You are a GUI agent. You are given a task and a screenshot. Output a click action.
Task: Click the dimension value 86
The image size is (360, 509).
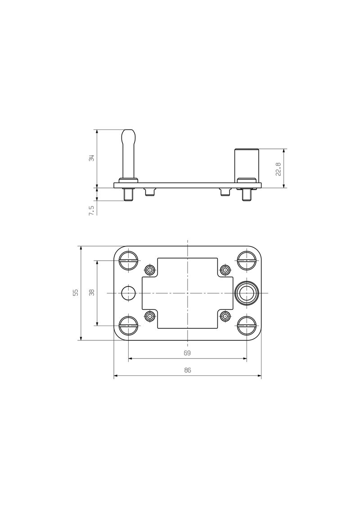tap(188, 370)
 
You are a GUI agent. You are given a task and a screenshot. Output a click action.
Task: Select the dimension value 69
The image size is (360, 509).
tap(188, 353)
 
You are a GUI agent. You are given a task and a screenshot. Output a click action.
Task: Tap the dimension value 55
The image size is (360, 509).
tap(76, 293)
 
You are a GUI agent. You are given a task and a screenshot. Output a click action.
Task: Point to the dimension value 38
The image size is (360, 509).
tap(92, 293)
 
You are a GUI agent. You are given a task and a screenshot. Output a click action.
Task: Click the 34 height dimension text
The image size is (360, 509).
tap(91, 158)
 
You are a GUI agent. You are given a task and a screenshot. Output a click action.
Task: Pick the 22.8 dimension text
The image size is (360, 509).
tap(278, 169)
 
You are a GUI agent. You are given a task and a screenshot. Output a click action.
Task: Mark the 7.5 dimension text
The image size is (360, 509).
tap(91, 210)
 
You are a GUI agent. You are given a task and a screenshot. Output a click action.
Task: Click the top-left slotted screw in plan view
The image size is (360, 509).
tap(129, 261)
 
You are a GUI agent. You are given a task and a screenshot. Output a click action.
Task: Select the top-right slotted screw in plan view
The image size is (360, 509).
tap(247, 261)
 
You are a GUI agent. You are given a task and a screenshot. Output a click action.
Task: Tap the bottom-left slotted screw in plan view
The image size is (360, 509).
tap(129, 325)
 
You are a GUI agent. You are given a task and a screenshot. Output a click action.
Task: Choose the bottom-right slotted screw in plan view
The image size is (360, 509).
tap(247, 325)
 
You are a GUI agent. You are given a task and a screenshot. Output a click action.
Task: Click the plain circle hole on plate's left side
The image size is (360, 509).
tap(128, 293)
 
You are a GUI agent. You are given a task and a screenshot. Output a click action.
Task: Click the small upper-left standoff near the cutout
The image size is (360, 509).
tap(149, 270)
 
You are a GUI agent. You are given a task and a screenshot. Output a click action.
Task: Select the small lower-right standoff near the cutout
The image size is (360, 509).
tap(225, 317)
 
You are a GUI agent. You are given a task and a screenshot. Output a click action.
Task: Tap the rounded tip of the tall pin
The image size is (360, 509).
tap(129, 134)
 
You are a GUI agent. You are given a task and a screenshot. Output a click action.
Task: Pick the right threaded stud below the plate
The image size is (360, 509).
tap(247, 195)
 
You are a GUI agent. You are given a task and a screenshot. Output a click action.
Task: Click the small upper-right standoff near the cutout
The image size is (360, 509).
tap(225, 270)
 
